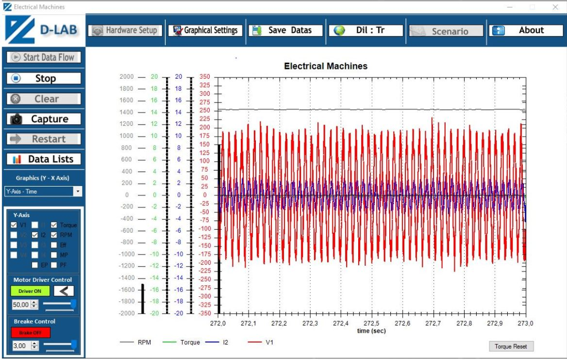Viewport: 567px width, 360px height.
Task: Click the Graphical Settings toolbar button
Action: pyautogui.click(x=205, y=30)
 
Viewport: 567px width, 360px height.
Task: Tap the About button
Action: pyautogui.click(x=526, y=30)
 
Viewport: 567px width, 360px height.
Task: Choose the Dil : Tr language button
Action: pyautogui.click(x=366, y=30)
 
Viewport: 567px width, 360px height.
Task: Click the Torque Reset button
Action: pyautogui.click(x=511, y=346)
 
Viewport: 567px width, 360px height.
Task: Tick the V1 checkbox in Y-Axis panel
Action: pyautogui.click(x=14, y=225)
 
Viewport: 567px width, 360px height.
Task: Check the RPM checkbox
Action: pyautogui.click(x=54, y=235)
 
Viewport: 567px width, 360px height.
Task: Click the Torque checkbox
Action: pyautogui.click(x=54, y=225)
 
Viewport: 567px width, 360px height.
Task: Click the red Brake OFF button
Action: pyautogui.click(x=30, y=332)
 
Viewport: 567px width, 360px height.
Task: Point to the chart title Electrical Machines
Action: pyautogui.click(x=326, y=66)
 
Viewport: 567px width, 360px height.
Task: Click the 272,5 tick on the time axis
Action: pyautogui.click(x=372, y=323)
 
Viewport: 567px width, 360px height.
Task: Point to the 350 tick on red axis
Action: pyautogui.click(x=205, y=77)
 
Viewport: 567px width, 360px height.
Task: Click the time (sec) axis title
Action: pyautogui.click(x=371, y=331)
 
